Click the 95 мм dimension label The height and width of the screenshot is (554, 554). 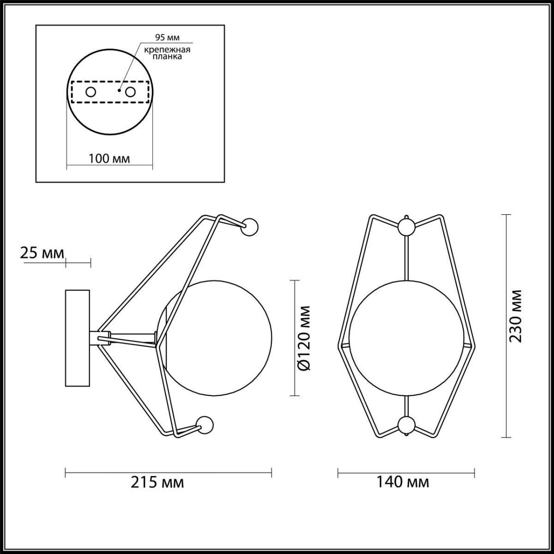[167, 37]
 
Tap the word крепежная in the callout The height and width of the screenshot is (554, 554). [167, 50]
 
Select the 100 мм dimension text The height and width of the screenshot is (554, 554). [109, 158]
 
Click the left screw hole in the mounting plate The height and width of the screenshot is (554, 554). [90, 92]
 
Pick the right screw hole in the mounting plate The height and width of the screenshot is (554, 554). [130, 92]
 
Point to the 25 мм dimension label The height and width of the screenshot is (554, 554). [42, 253]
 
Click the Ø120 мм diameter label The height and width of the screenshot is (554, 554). [304, 338]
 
